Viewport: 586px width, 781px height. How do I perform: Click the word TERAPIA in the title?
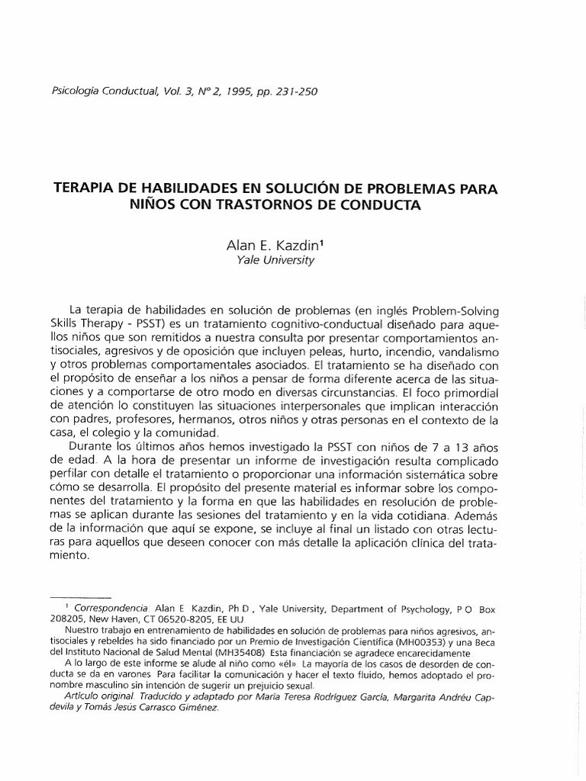point(83,188)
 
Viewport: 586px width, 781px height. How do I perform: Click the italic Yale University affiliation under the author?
point(276,259)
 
